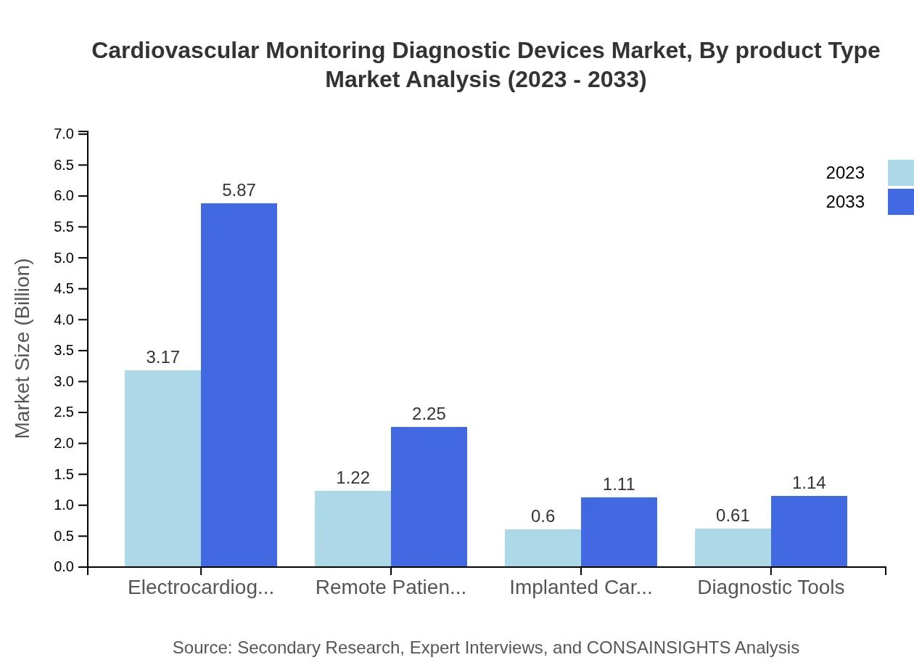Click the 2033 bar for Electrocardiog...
point(239,385)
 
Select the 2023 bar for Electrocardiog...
point(162,468)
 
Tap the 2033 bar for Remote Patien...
point(429,497)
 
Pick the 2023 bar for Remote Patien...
point(353,529)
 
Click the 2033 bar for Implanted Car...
point(619,532)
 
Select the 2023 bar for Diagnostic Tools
point(733,547)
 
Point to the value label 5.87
point(239,190)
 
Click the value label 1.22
point(353,478)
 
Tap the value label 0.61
point(733,516)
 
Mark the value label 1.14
point(809,483)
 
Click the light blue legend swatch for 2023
point(900,173)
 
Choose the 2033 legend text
point(845,202)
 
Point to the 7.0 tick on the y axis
point(64,134)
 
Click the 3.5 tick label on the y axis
point(64,351)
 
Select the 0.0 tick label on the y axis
point(64,567)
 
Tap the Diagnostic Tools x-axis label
point(770,587)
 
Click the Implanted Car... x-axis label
point(580,587)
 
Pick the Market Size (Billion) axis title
point(22,349)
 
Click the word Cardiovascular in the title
point(175,51)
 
